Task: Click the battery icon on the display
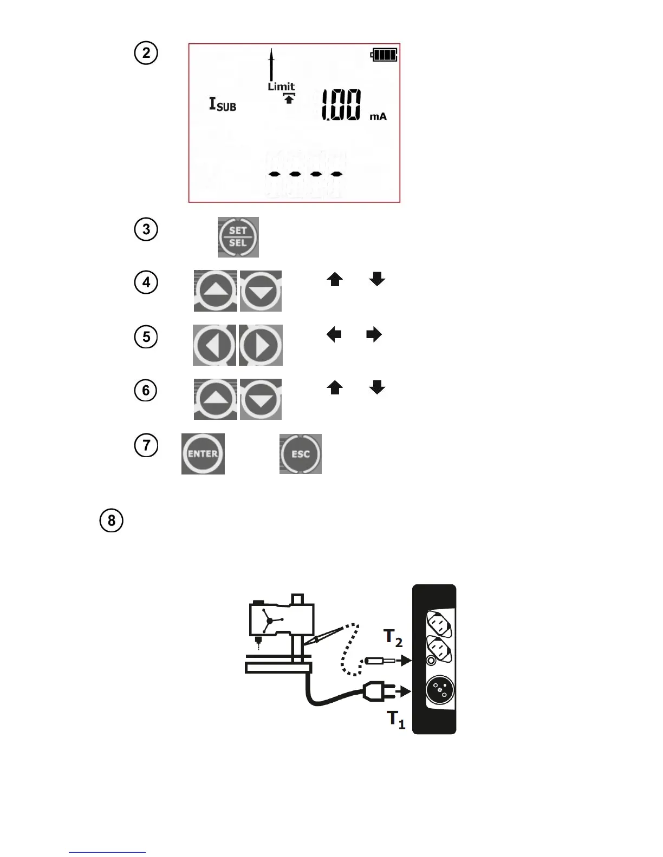pos(384,55)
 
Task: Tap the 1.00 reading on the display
pos(341,106)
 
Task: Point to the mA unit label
pos(378,116)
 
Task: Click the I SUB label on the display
pos(223,104)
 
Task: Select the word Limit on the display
pos(281,87)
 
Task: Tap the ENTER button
pos(203,454)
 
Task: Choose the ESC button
pos(301,454)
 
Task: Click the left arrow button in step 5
pos(214,345)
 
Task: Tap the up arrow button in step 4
pos(216,291)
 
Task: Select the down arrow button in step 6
pos(261,399)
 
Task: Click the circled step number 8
pos(112,520)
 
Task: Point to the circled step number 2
pos(146,53)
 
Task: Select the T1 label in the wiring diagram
pos(395,720)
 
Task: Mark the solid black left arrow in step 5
pos(334,335)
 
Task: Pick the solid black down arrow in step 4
pos(377,279)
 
